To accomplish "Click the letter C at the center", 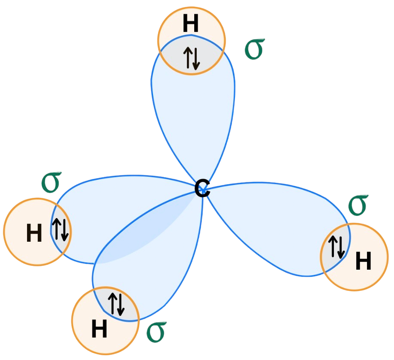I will (202, 189).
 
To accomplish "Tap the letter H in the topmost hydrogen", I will (191, 23).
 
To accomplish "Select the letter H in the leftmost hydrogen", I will (34, 233).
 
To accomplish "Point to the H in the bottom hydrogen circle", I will (99, 329).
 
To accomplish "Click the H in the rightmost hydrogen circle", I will (363, 261).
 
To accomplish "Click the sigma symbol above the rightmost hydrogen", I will (358, 205).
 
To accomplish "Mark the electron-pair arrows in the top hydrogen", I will (191, 58).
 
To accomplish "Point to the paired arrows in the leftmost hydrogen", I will (60, 230).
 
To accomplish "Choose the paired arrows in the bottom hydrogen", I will (116, 303).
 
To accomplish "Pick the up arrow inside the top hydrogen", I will (188, 58).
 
